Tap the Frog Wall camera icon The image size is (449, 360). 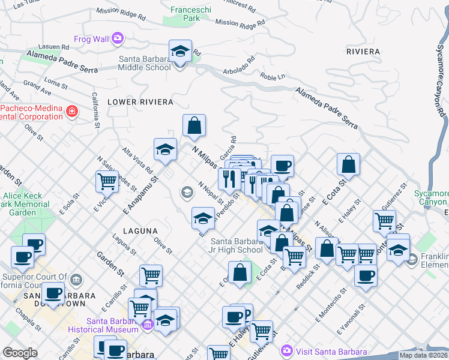coord(117,39)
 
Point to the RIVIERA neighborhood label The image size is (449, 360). coord(363,52)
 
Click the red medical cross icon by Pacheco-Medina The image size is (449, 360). coord(72,112)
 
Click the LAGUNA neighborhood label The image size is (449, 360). coord(140,230)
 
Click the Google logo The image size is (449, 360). coord(20,352)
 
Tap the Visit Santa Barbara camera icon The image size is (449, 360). coord(287,350)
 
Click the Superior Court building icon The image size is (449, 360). coord(76,280)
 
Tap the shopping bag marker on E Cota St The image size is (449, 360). coord(348,164)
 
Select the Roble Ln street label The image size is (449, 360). coord(272,76)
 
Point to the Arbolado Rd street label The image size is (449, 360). coord(244,62)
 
